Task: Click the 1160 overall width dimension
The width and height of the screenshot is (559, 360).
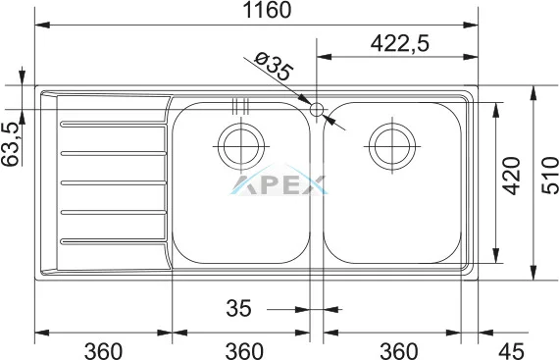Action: (x=267, y=11)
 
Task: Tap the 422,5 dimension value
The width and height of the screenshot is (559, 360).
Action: (x=400, y=43)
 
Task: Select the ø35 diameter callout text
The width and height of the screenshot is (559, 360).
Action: (x=274, y=67)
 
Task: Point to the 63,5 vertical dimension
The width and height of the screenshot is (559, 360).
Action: (x=10, y=144)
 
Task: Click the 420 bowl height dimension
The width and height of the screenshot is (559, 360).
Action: (x=512, y=176)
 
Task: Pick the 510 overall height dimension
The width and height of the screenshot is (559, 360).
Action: (x=550, y=176)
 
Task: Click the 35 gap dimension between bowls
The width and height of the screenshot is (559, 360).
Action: (x=238, y=308)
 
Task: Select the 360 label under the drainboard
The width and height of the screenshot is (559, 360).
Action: (x=103, y=351)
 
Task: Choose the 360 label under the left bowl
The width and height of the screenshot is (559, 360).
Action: (x=244, y=351)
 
